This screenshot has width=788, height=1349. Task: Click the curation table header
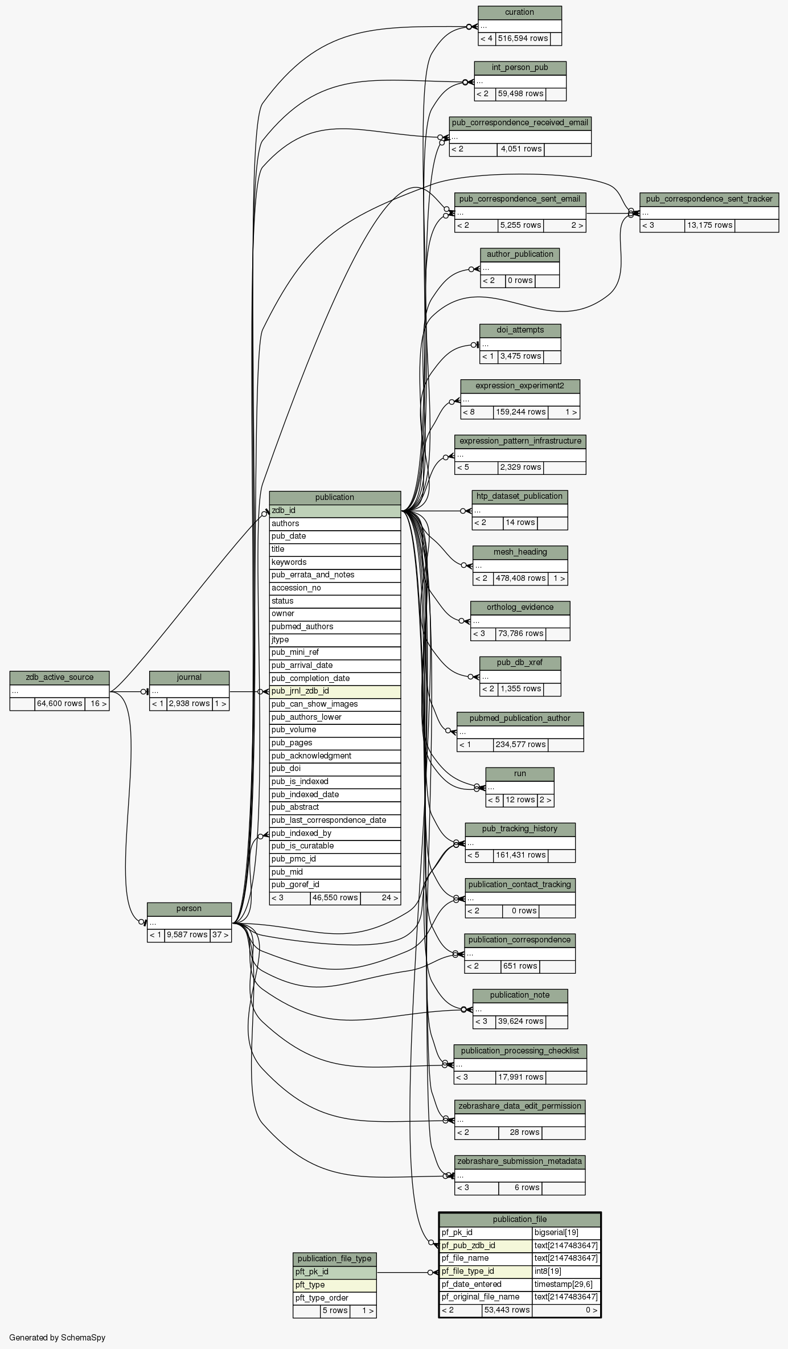(x=519, y=13)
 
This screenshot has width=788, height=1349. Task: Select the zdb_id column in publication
(x=335, y=511)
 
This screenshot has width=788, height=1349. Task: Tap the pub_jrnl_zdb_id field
(x=335, y=691)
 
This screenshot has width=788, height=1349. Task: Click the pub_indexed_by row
(x=335, y=834)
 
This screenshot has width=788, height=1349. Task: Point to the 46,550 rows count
(x=335, y=898)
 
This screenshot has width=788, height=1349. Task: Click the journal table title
(x=189, y=678)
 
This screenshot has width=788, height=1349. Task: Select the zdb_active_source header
(x=59, y=678)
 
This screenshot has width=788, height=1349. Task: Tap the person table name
(x=189, y=909)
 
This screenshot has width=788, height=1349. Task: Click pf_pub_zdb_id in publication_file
(x=486, y=1245)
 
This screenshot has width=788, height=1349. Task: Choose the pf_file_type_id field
(x=486, y=1271)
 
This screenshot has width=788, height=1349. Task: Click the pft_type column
(x=334, y=1285)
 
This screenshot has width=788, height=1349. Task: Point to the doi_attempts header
(x=520, y=330)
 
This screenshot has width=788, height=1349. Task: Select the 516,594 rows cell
(x=523, y=39)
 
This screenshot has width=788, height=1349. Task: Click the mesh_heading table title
(x=520, y=552)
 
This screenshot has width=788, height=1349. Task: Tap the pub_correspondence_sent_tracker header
(x=709, y=199)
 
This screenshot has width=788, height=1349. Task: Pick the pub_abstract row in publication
(x=335, y=807)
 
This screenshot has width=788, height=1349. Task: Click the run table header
(x=519, y=774)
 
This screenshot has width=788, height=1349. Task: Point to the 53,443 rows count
(x=506, y=1310)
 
